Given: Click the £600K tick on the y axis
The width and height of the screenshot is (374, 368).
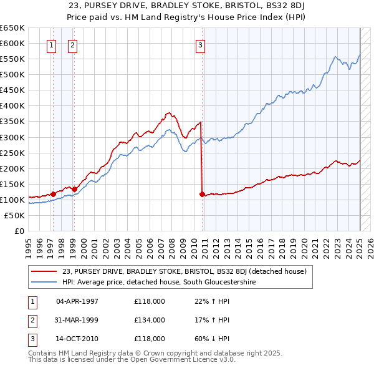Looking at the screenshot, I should (x=12, y=43).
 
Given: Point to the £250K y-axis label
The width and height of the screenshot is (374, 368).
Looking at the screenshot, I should (x=12, y=153).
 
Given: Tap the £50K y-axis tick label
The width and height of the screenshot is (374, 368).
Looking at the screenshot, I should (x=15, y=215).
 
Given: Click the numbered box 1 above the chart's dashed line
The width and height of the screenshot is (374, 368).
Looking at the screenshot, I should (x=51, y=44).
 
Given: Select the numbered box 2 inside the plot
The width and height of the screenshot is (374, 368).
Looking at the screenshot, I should (x=72, y=44).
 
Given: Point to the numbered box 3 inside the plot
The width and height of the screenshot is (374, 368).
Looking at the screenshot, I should (x=200, y=44).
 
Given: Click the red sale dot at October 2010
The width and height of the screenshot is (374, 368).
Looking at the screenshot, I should (x=202, y=194).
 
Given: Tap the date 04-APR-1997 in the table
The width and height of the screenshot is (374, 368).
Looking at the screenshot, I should (x=77, y=301).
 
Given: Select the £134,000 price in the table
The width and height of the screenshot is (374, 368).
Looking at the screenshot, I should (x=149, y=320).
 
